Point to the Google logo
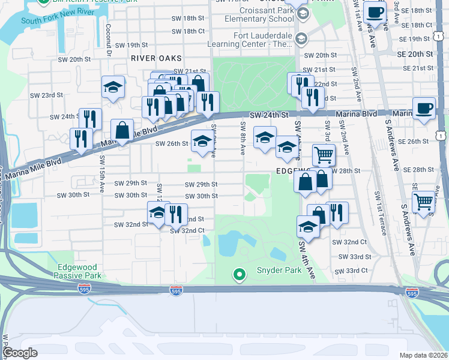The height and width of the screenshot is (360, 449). pos(20,353)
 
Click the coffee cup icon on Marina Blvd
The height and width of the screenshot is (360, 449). pos(424,108)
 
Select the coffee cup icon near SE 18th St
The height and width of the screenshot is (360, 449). pos(375,11)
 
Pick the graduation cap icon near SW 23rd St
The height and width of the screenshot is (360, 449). pos(112,87)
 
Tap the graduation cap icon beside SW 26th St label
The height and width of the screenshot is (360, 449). pos(202,142)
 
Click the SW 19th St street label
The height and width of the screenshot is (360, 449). pos(131,45)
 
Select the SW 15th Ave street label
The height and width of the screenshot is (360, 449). pos(102,170)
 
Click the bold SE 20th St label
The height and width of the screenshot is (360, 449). pos(414,53)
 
